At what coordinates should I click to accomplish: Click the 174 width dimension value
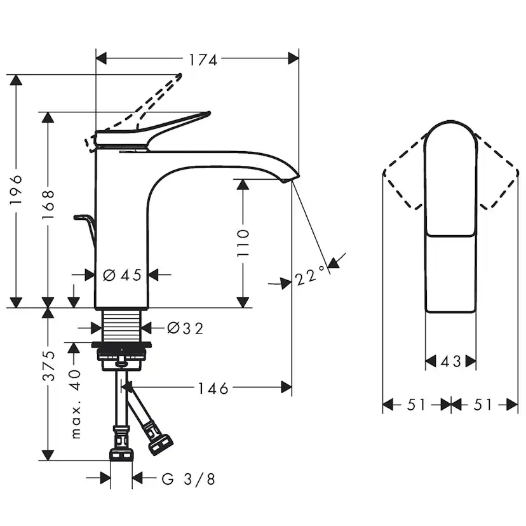pyautogui.click(x=203, y=60)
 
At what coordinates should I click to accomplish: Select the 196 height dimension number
pyautogui.click(x=16, y=189)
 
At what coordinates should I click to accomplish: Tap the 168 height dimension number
pyautogui.click(x=48, y=205)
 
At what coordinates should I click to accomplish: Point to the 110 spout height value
pyautogui.click(x=243, y=243)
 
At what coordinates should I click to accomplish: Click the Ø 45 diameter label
pyautogui.click(x=122, y=275)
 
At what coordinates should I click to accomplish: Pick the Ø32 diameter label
pyautogui.click(x=185, y=328)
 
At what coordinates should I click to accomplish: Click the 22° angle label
pyautogui.click(x=310, y=276)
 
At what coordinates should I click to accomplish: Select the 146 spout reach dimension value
pyautogui.click(x=213, y=388)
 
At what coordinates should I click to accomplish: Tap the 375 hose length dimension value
pyautogui.click(x=48, y=366)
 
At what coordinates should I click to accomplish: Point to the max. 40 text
pyautogui.click(x=76, y=404)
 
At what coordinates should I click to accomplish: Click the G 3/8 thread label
pyautogui.click(x=188, y=479)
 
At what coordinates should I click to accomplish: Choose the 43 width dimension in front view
pyautogui.click(x=450, y=361)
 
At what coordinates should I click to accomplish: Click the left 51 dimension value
pyautogui.click(x=416, y=405)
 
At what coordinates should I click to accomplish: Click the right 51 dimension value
pyautogui.click(x=483, y=405)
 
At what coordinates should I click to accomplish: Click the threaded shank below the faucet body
pyautogui.click(x=121, y=325)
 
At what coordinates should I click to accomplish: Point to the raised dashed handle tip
pyautogui.click(x=180, y=76)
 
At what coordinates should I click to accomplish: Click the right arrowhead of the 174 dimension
pyautogui.click(x=293, y=58)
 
